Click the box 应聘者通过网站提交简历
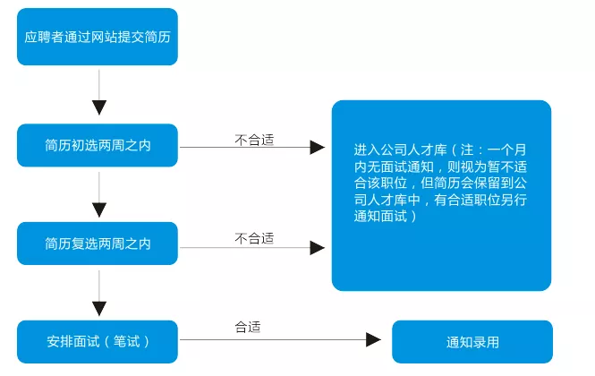(98, 37)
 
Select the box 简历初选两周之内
(98, 145)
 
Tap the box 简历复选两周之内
(98, 244)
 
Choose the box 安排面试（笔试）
(98, 342)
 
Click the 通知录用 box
(472, 342)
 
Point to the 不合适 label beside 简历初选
(254, 141)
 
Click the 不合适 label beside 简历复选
(254, 238)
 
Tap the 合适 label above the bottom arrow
(248, 327)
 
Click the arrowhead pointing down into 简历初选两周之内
(99, 107)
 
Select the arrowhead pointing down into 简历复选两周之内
(99, 210)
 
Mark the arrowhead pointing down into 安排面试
(99, 309)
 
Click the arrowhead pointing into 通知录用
(373, 339)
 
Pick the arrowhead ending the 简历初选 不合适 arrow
(318, 148)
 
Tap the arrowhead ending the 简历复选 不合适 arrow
(318, 248)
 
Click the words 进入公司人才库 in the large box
(400, 150)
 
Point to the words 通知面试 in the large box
(380, 216)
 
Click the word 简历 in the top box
(157, 37)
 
